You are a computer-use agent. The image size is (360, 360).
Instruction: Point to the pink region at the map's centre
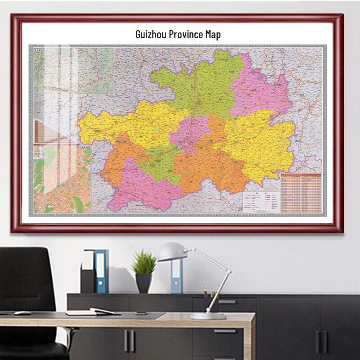coord(191,133)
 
